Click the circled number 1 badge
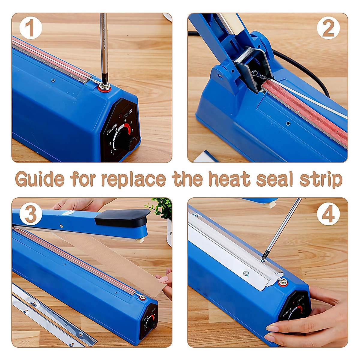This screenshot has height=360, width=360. point(31,28)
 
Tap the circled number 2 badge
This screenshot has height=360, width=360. point(328,28)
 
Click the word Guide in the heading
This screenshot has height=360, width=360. point(40,180)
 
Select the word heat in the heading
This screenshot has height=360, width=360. point(229,179)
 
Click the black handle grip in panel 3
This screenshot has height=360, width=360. point(121,217)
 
